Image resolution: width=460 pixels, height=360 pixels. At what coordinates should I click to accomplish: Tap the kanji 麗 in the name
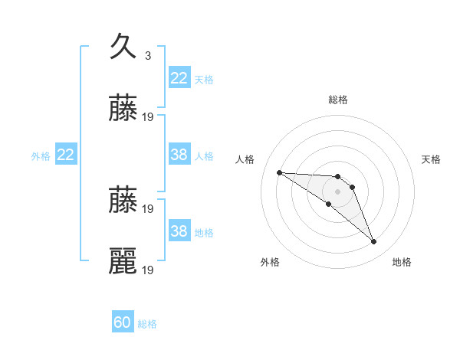123,261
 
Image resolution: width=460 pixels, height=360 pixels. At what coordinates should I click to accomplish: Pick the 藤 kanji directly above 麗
123,201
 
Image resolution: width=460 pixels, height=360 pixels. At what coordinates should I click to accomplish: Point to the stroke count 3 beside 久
147,55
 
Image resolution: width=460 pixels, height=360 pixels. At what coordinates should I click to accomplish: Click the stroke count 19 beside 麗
149,270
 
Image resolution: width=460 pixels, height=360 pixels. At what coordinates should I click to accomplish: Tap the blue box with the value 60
123,322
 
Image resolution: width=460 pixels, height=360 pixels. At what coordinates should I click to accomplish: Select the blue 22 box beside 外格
66,155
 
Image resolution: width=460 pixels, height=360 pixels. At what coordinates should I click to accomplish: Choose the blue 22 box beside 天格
179,78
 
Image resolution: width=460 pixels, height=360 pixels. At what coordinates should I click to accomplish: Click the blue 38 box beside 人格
179,155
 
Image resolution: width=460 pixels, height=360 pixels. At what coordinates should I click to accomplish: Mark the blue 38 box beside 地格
179,231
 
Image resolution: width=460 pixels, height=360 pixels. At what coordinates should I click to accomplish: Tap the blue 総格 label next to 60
147,324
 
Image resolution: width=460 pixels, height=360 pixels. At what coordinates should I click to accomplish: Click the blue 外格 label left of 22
41,156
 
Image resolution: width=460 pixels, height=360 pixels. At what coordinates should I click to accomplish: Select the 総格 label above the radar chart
338,100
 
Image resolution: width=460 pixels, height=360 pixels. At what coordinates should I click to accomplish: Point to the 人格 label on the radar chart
245,159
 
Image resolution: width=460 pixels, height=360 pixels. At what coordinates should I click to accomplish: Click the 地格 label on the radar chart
402,262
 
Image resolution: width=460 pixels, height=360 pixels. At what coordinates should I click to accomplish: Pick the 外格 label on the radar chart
270,262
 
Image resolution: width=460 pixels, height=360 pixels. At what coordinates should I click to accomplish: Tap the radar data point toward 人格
279,172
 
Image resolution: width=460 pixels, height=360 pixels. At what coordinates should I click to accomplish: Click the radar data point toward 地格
374,242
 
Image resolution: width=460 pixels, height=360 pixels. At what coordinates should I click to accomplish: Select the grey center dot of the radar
337,191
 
